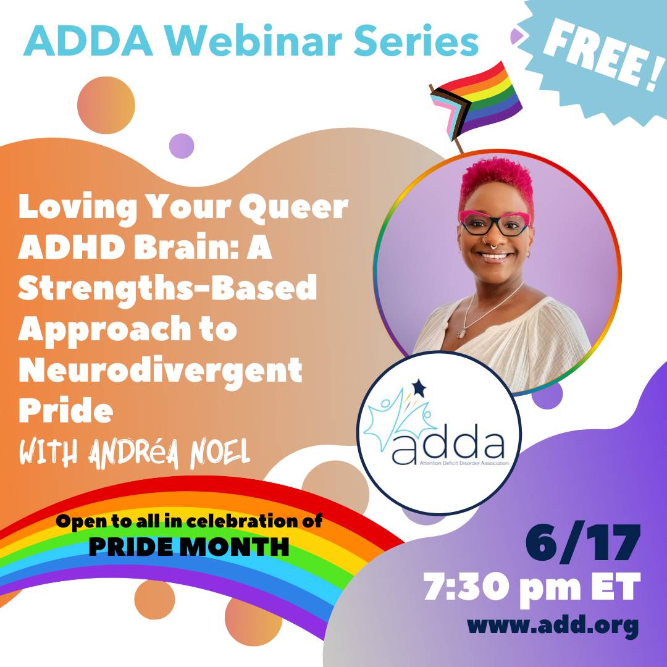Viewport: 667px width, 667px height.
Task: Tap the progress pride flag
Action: tap(476, 102)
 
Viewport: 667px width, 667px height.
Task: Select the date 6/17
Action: tap(583, 543)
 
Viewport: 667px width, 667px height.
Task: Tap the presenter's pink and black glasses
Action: tap(495, 223)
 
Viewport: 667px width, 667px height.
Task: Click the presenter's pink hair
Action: tap(497, 183)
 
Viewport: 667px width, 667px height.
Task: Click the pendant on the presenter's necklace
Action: tap(461, 334)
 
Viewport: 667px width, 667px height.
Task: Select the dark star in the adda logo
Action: tap(419, 387)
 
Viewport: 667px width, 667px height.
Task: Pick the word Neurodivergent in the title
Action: tap(161, 371)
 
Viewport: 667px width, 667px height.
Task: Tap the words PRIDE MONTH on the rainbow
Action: tap(189, 547)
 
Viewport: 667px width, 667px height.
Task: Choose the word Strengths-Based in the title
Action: tap(167, 289)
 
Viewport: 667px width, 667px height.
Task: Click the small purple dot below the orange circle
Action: tap(182, 146)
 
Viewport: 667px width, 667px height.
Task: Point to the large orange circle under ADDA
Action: tap(106, 105)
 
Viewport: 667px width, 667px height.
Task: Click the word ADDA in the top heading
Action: tap(88, 41)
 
